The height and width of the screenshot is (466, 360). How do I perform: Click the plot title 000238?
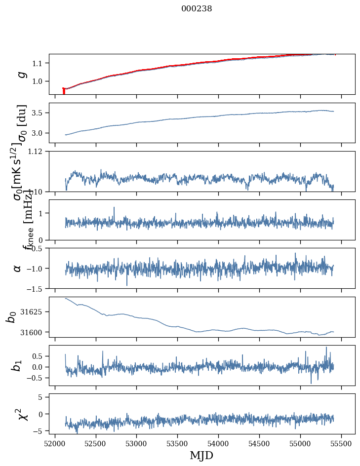(197, 8)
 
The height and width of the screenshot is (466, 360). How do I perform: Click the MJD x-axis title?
(201, 455)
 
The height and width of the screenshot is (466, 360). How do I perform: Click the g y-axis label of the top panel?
(20, 74)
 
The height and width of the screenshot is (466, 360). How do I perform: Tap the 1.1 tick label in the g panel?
(39, 63)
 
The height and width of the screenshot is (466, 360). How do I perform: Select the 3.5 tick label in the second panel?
(39, 113)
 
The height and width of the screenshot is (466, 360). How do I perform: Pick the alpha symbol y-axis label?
(17, 268)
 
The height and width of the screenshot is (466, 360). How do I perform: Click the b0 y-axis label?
(11, 316)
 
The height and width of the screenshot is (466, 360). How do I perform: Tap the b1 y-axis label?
(17, 365)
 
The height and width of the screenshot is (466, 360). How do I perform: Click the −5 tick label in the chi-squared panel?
(39, 431)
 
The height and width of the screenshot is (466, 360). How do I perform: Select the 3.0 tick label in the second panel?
(39, 133)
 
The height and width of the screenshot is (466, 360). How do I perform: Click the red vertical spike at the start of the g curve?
(64, 91)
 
